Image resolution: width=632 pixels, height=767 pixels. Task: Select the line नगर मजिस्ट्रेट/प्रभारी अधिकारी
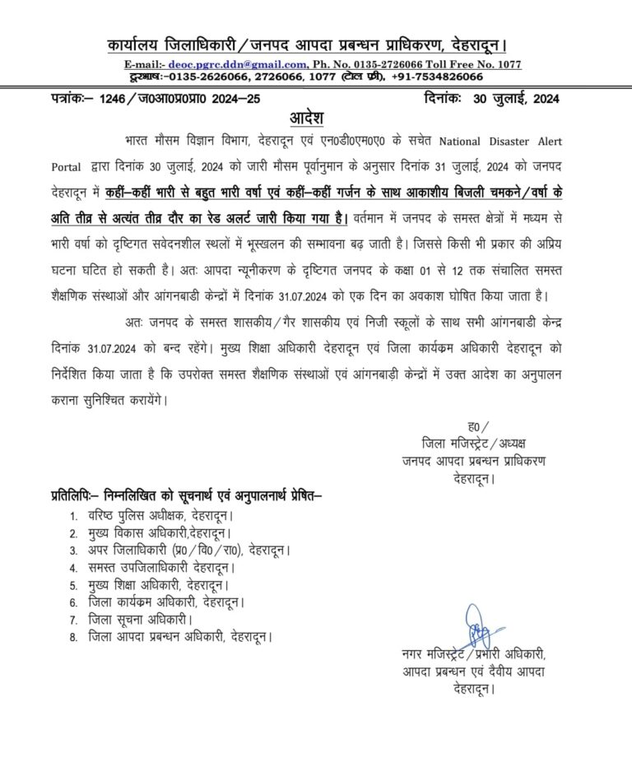[x=473, y=655]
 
